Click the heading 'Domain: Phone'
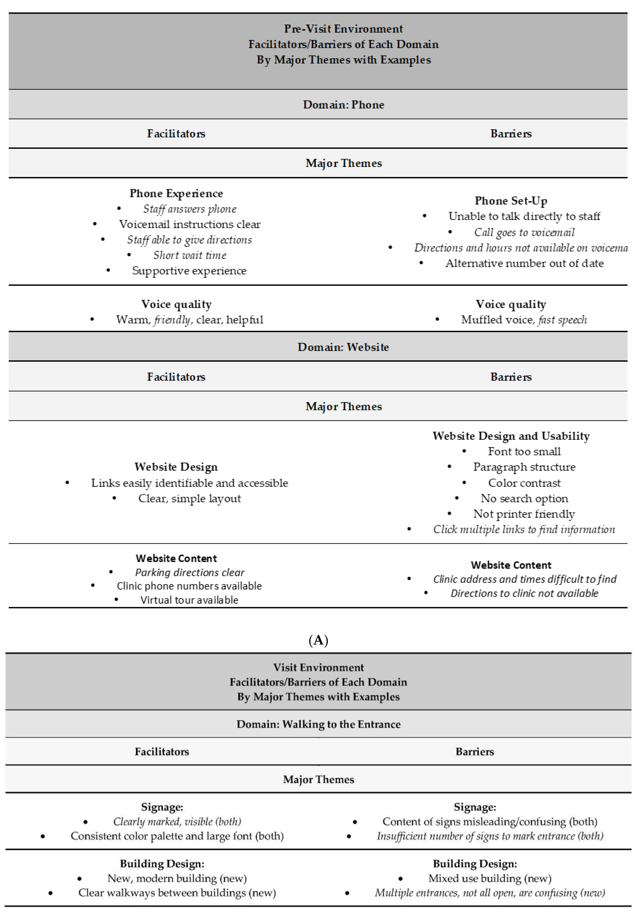pos(343,105)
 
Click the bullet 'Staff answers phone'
pos(190,209)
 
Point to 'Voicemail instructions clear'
pos(190,224)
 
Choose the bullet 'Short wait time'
pos(190,255)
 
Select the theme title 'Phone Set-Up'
pos(511,201)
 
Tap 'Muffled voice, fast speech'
pos(524,320)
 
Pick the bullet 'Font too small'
pos(524,452)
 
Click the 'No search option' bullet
pos(524,499)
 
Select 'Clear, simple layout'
pos(190,499)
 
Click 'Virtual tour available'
pos(189,600)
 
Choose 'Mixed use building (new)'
pos(490,879)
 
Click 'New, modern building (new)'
pos(177,879)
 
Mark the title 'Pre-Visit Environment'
pos(343,29)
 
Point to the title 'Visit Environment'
pos(318,667)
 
